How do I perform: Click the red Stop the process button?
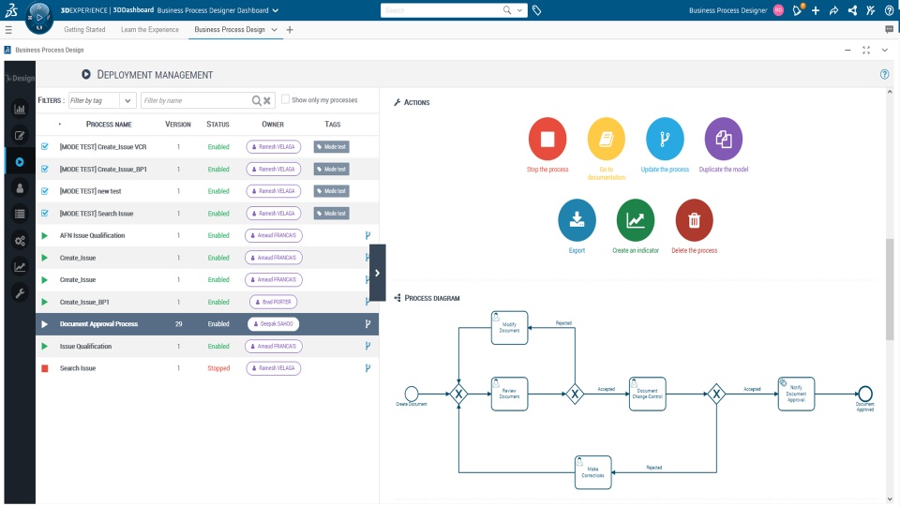pyautogui.click(x=547, y=139)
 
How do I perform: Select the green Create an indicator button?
pyautogui.click(x=636, y=220)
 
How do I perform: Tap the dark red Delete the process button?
pyautogui.click(x=694, y=220)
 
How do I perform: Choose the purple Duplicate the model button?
pyautogui.click(x=723, y=139)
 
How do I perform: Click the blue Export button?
pyautogui.click(x=577, y=220)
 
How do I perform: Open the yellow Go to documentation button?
pyautogui.click(x=607, y=139)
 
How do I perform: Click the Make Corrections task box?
pyautogui.click(x=592, y=472)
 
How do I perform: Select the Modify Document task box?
pyautogui.click(x=509, y=327)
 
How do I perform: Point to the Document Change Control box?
pyautogui.click(x=648, y=394)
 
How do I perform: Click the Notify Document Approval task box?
pyautogui.click(x=796, y=394)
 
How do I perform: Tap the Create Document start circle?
pyautogui.click(x=411, y=394)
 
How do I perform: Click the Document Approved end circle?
pyautogui.click(x=864, y=394)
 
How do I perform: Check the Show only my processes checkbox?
pyautogui.click(x=286, y=99)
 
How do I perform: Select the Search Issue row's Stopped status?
pyautogui.click(x=217, y=368)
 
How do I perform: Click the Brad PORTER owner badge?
pyautogui.click(x=273, y=302)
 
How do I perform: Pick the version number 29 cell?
pyautogui.click(x=178, y=324)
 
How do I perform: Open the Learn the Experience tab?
pyautogui.click(x=150, y=30)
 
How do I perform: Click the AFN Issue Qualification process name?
pyautogui.click(x=92, y=235)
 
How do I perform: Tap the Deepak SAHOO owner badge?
pyautogui.click(x=273, y=324)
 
